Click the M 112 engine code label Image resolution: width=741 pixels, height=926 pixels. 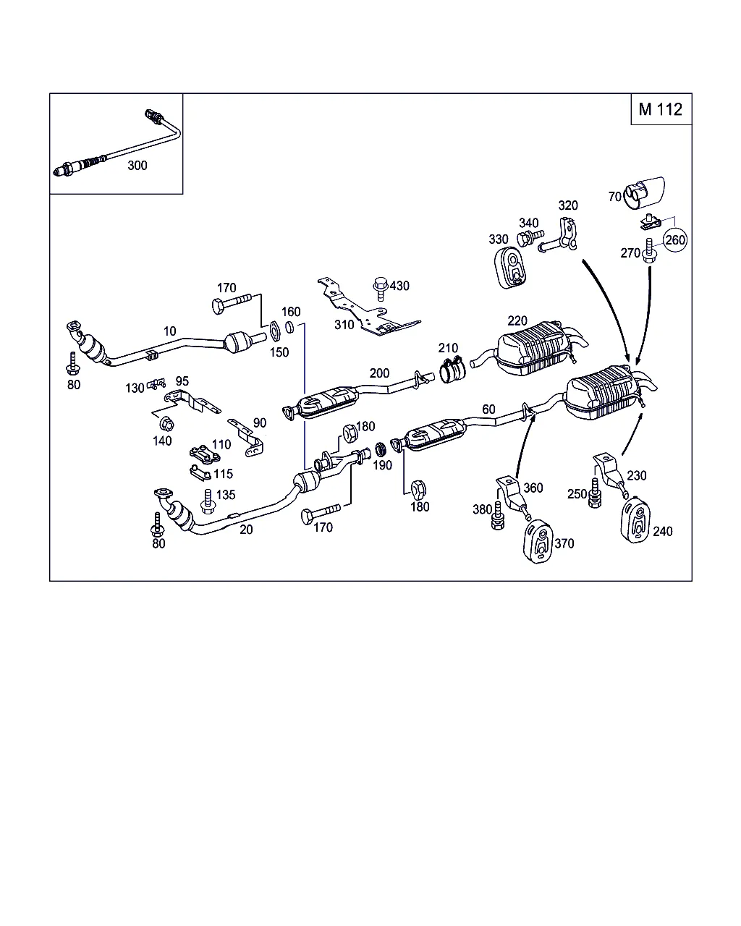(x=660, y=109)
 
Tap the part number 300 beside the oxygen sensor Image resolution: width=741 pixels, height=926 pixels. (x=137, y=165)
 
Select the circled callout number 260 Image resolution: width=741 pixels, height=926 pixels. (x=674, y=239)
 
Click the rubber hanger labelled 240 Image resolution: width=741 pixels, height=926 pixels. (x=635, y=518)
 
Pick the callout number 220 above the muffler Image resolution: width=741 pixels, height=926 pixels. (x=517, y=320)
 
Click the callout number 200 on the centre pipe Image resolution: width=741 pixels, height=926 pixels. (x=379, y=373)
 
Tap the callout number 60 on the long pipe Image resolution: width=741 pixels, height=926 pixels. (x=488, y=409)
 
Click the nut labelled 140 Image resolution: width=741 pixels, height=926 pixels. (x=165, y=423)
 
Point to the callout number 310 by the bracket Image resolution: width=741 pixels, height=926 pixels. (x=344, y=324)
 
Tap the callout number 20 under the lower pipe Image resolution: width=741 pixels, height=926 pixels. (x=246, y=529)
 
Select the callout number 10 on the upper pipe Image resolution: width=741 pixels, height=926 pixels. (x=169, y=331)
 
